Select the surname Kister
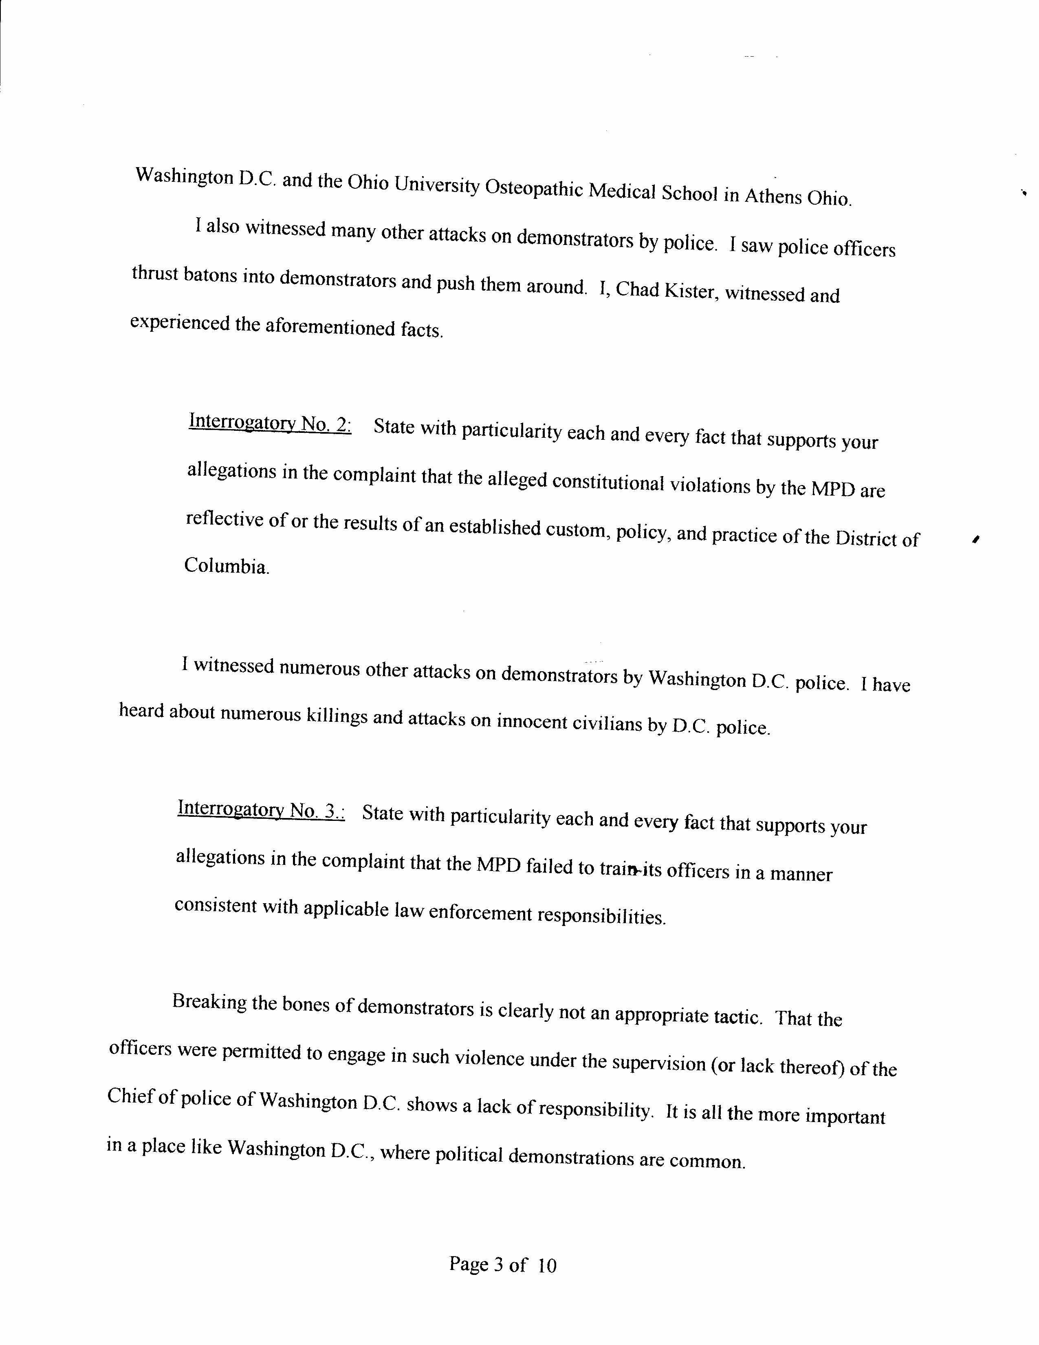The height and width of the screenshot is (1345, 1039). (691, 291)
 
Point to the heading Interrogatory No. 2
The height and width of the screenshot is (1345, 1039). (270, 424)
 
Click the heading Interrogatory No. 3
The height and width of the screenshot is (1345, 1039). (261, 809)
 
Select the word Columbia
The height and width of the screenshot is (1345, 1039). (226, 566)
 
